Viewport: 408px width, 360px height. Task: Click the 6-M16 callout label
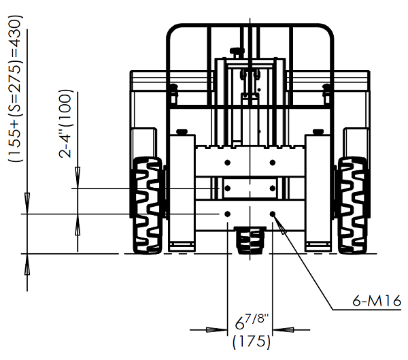click(377, 301)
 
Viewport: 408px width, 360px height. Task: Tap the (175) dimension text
click(252, 342)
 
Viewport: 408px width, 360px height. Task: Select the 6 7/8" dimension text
click(252, 321)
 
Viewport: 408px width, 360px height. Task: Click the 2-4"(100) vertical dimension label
click(65, 124)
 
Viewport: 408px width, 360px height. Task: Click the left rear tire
click(148, 206)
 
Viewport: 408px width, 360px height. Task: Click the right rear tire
click(353, 206)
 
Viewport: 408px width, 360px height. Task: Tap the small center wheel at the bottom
click(250, 240)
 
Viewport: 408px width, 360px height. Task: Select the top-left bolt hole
click(228, 163)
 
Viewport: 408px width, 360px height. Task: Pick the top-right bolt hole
click(273, 163)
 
